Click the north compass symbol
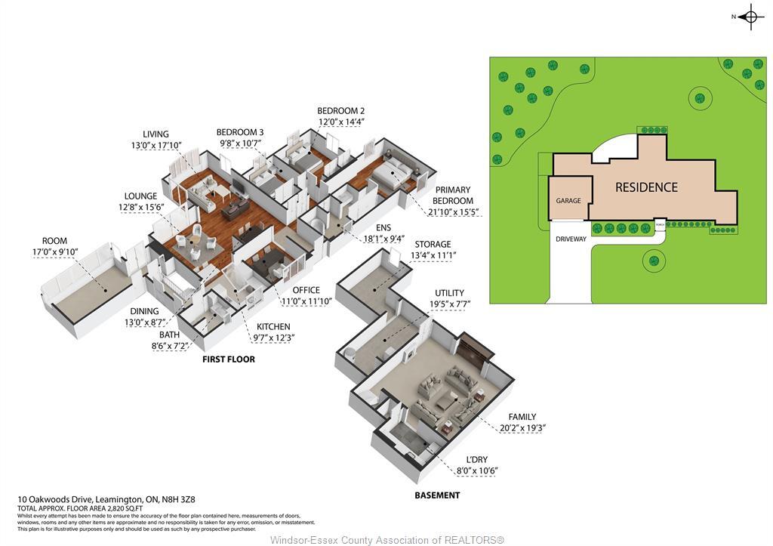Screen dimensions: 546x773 coord(750,17)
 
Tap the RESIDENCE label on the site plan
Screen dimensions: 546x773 coord(646,187)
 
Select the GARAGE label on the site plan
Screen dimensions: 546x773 coord(568,201)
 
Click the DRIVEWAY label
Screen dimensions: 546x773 coord(571,239)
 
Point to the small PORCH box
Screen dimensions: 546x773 coord(660,224)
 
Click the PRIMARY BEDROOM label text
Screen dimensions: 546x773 coord(453,196)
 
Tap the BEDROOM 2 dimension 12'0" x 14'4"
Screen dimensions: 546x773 coord(340,122)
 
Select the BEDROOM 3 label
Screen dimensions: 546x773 coord(240,132)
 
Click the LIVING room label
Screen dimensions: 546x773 coord(156,134)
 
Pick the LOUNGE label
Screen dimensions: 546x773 coord(141,196)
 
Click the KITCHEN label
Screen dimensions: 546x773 coord(273,326)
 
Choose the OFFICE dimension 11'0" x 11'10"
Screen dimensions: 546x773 coord(306,301)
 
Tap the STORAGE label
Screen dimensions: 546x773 coord(431,244)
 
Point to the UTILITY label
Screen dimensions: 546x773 coord(449,293)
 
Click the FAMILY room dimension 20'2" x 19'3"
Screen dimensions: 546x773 coord(522,427)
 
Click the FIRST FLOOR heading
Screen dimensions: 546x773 coord(228,359)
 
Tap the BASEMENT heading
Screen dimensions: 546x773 coord(437,495)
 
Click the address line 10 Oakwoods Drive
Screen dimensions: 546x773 coord(106,499)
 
